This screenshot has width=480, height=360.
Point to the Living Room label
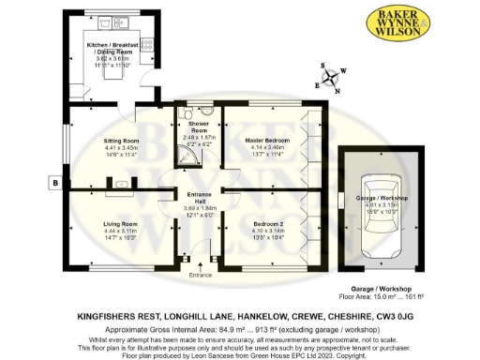120,224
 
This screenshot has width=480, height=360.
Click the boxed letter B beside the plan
55,182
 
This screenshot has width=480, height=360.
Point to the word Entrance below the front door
201,275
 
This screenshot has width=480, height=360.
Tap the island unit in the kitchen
112,72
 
